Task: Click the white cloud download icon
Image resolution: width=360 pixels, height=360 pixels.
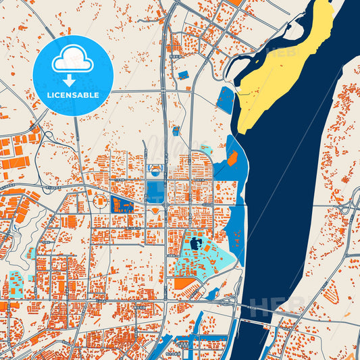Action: click(x=73, y=60)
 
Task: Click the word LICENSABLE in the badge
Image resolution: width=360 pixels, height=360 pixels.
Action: click(x=73, y=95)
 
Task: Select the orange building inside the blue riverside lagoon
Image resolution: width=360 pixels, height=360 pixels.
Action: click(x=232, y=158)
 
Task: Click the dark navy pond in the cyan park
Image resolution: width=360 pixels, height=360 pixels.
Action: click(x=197, y=243)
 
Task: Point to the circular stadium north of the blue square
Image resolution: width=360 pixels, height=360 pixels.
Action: click(x=156, y=171)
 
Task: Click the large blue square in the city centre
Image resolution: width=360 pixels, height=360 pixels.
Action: click(x=155, y=188)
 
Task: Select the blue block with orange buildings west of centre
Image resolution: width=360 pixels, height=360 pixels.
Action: click(x=122, y=204)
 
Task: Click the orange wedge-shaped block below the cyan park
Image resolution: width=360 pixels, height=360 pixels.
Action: click(x=183, y=283)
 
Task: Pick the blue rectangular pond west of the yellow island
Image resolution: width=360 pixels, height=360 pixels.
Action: click(x=225, y=100)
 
